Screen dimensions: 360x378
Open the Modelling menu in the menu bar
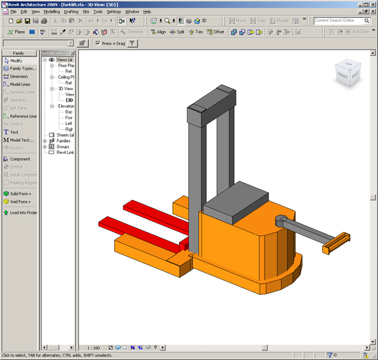point(52,11)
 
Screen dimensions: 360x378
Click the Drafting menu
point(71,11)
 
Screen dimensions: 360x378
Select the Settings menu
point(113,11)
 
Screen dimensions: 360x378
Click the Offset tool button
point(215,32)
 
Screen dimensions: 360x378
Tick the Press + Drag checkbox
point(98,44)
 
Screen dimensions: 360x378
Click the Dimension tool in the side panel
point(18,76)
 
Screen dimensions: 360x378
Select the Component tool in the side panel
point(20,159)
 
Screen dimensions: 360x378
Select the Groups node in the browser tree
point(62,146)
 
